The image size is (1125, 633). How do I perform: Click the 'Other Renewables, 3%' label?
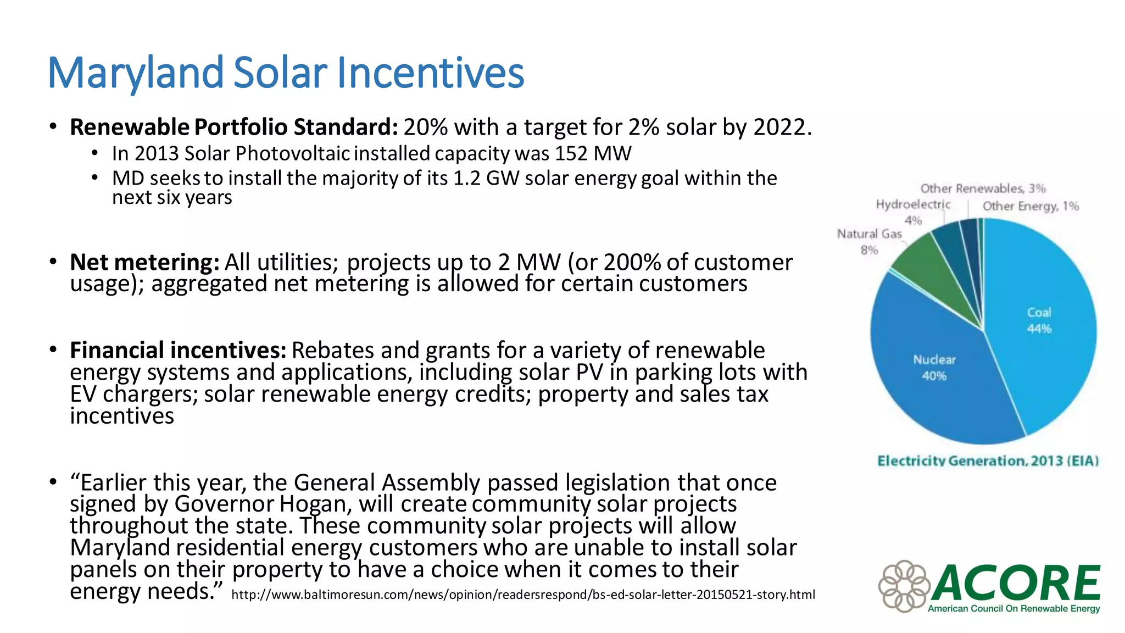(983, 188)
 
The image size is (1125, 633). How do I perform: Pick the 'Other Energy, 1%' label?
(1031, 206)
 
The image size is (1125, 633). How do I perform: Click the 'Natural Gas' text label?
(869, 234)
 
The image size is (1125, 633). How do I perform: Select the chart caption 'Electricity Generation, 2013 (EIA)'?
(988, 460)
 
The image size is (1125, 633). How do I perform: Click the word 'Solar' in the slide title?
(280, 73)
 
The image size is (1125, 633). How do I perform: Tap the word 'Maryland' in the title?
(135, 73)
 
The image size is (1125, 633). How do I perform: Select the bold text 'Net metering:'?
(144, 262)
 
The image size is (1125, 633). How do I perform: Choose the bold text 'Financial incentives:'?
(178, 350)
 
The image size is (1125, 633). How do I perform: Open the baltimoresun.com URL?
(523, 595)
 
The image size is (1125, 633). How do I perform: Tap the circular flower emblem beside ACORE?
(904, 586)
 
